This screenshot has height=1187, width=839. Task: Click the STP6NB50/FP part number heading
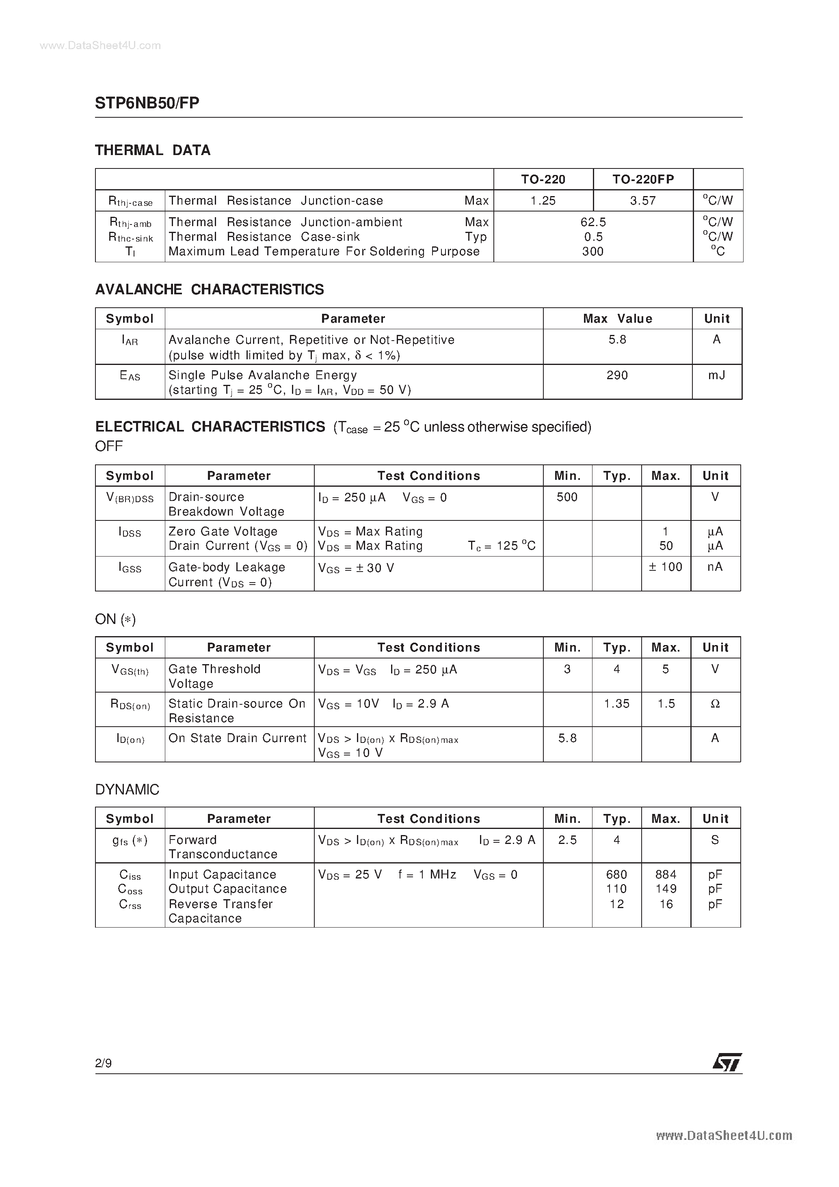pos(147,103)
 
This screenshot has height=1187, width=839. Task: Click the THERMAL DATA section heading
pos(153,151)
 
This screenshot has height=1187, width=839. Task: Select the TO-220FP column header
pos(643,179)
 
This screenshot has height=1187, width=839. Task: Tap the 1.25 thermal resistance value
pos(543,201)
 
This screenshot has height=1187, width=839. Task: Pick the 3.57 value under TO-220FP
pos(643,201)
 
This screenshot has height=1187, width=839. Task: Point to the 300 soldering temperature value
pos(593,252)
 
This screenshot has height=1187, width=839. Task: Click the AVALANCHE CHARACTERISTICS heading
pos(210,289)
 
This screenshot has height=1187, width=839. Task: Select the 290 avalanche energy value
pos(617,376)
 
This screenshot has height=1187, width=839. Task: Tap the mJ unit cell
pos(716,376)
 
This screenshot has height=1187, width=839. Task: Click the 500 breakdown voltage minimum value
pos(567,497)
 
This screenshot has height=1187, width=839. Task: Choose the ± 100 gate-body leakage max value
pos(666,567)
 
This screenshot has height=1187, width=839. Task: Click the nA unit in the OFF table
pos(715,567)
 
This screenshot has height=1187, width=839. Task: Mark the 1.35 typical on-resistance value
pos(616,704)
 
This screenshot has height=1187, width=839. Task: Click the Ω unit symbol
pos(715,704)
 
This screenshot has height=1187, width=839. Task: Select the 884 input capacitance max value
pos(666,875)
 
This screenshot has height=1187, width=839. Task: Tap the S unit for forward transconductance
pos(715,840)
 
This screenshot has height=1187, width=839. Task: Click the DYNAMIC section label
pos(127,790)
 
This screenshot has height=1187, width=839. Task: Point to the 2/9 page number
pos(104,1064)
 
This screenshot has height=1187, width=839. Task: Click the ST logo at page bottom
pos(727,1062)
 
